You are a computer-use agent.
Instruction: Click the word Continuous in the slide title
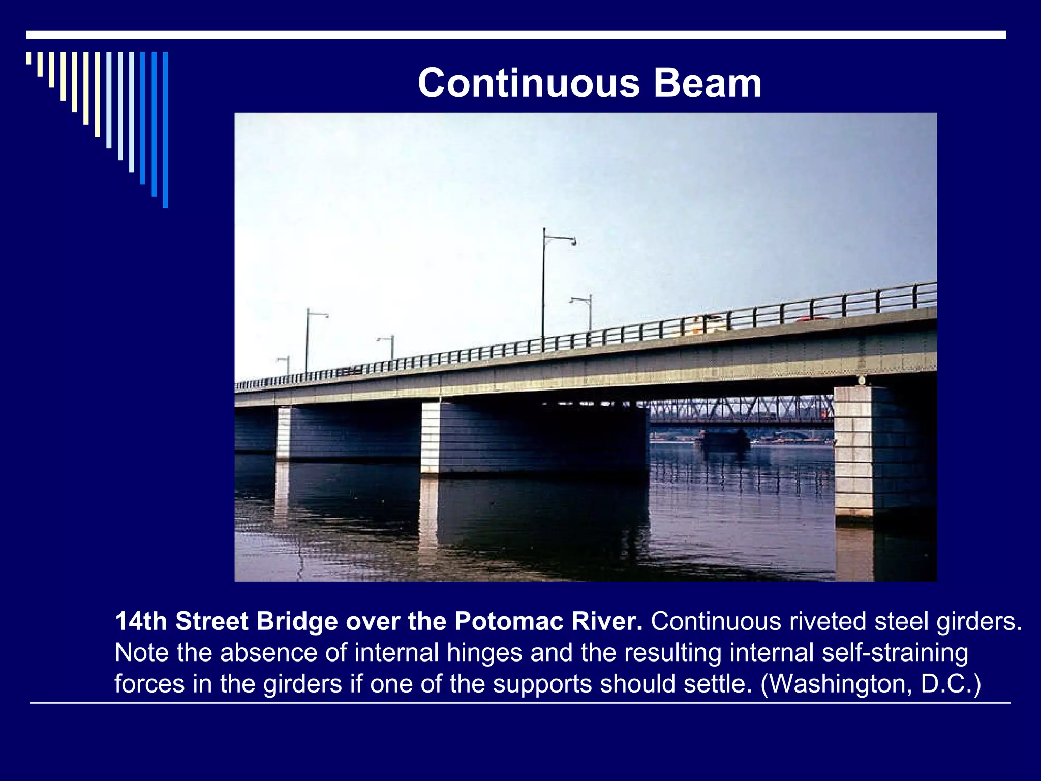[529, 83]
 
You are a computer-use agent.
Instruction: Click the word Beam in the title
[708, 83]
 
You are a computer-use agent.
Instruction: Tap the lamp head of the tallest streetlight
[573, 242]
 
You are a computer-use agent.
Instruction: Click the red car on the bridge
[811, 319]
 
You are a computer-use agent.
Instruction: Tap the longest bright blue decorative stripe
[165, 130]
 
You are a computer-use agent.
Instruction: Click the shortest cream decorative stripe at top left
[28, 58]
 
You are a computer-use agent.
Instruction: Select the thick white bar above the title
[516, 35]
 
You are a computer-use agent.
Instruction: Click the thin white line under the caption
[520, 703]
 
